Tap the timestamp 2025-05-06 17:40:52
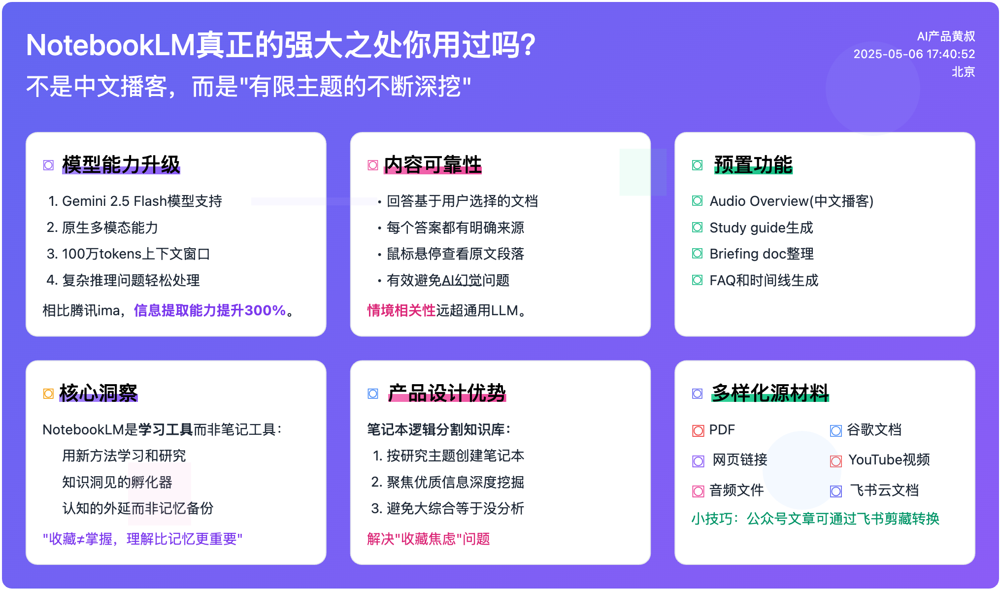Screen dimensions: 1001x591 click(914, 54)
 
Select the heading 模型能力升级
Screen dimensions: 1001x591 click(121, 164)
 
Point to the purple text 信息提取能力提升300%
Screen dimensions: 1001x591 click(210, 310)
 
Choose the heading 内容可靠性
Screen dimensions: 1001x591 click(433, 164)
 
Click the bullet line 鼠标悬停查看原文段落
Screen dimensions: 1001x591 click(455, 254)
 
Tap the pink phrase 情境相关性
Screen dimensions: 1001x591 click(401, 310)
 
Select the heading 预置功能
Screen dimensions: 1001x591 click(753, 164)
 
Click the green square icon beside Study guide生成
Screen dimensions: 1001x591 click(697, 228)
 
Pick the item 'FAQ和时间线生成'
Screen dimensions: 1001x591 click(764, 280)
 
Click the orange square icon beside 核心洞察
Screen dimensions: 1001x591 click(48, 394)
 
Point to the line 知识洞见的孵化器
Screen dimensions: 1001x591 click(117, 482)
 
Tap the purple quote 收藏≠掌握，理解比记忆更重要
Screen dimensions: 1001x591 click(142, 539)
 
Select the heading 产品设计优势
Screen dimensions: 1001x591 click(447, 393)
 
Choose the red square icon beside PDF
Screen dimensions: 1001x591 click(698, 431)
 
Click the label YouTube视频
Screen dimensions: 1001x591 click(889, 460)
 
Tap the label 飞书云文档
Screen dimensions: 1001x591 click(884, 490)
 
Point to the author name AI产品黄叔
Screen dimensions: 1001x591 click(946, 36)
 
